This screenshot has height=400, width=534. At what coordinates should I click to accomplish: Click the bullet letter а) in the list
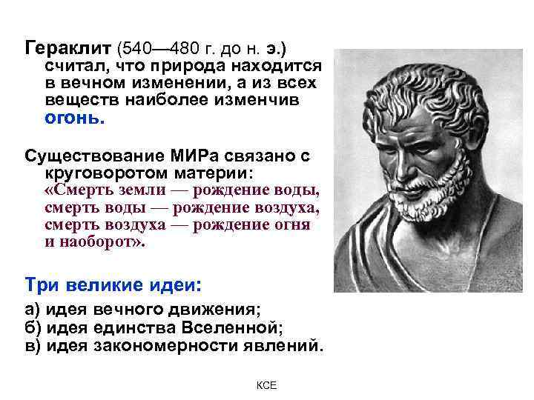coord(33,310)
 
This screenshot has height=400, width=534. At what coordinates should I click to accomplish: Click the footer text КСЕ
coord(266,386)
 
